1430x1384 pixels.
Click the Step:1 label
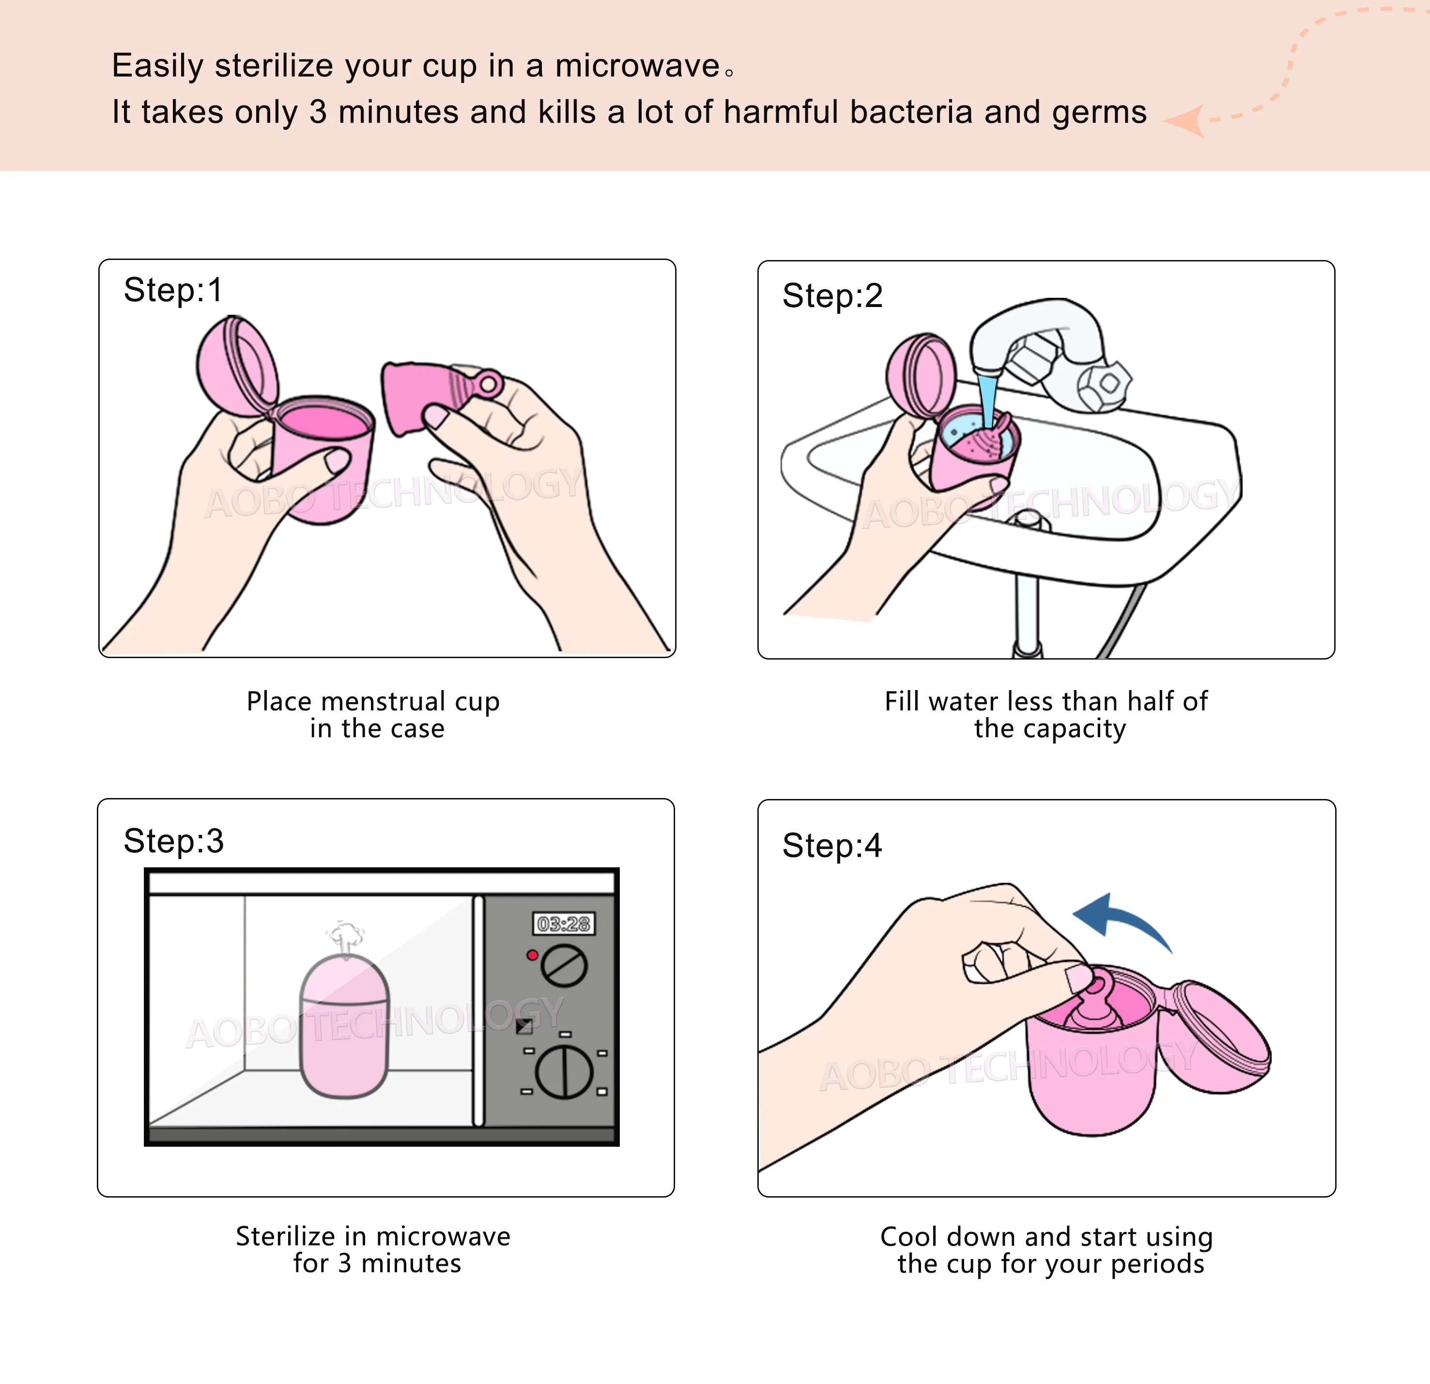(172, 291)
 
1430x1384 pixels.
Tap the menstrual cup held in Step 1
(419, 398)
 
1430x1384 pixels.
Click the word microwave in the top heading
(638, 66)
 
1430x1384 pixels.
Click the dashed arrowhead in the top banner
(1185, 121)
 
